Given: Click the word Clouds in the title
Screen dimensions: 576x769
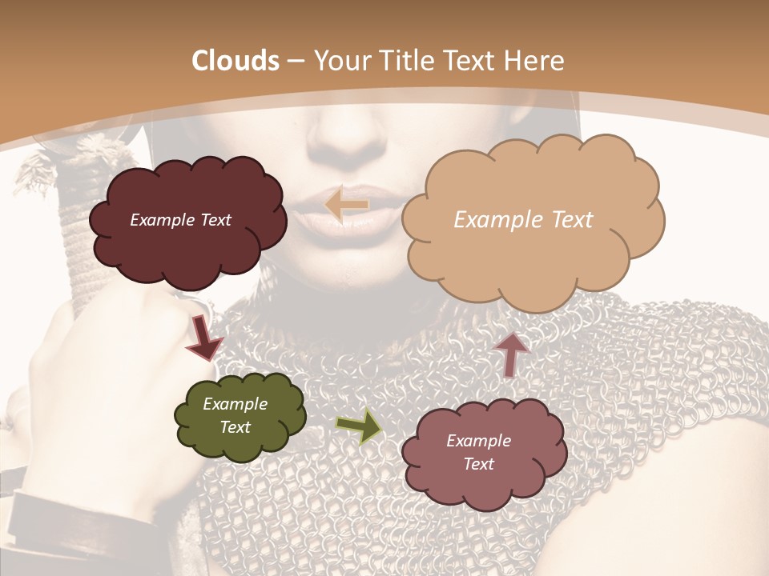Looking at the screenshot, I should pos(236,61).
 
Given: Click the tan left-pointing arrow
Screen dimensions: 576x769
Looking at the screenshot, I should pos(346,205).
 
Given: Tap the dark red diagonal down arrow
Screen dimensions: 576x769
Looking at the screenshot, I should pos(204,338).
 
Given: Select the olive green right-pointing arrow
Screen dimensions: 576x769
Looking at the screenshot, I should pos(359,426).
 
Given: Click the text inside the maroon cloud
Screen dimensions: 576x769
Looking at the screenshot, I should pos(180,220).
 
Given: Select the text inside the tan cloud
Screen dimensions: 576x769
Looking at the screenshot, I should pos(523,220).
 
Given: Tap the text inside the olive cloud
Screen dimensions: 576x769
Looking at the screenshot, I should pos(235,415).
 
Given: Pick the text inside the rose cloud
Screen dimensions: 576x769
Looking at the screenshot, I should pos(478,452).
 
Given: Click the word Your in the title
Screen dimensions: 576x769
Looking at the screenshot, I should pos(343,61).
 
